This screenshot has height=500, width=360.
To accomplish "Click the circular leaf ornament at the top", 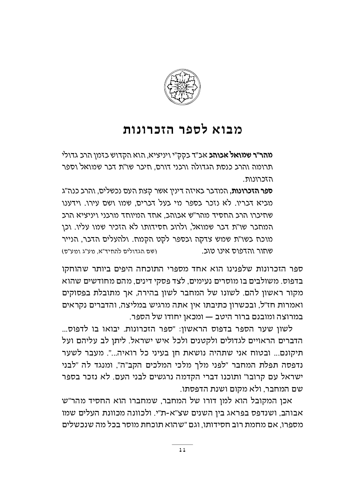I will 180,85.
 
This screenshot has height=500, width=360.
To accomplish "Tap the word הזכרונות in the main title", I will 149,129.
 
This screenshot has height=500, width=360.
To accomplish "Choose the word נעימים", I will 217,280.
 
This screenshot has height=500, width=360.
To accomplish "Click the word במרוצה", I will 285,316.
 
